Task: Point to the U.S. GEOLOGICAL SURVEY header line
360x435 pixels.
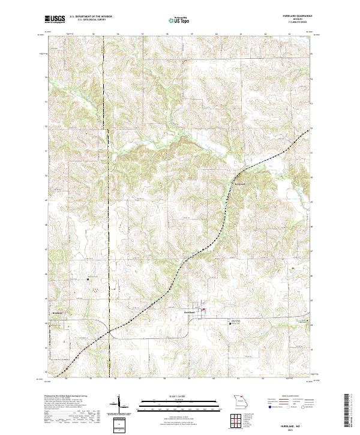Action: pos(88,20)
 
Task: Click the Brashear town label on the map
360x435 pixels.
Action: pos(58,313)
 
